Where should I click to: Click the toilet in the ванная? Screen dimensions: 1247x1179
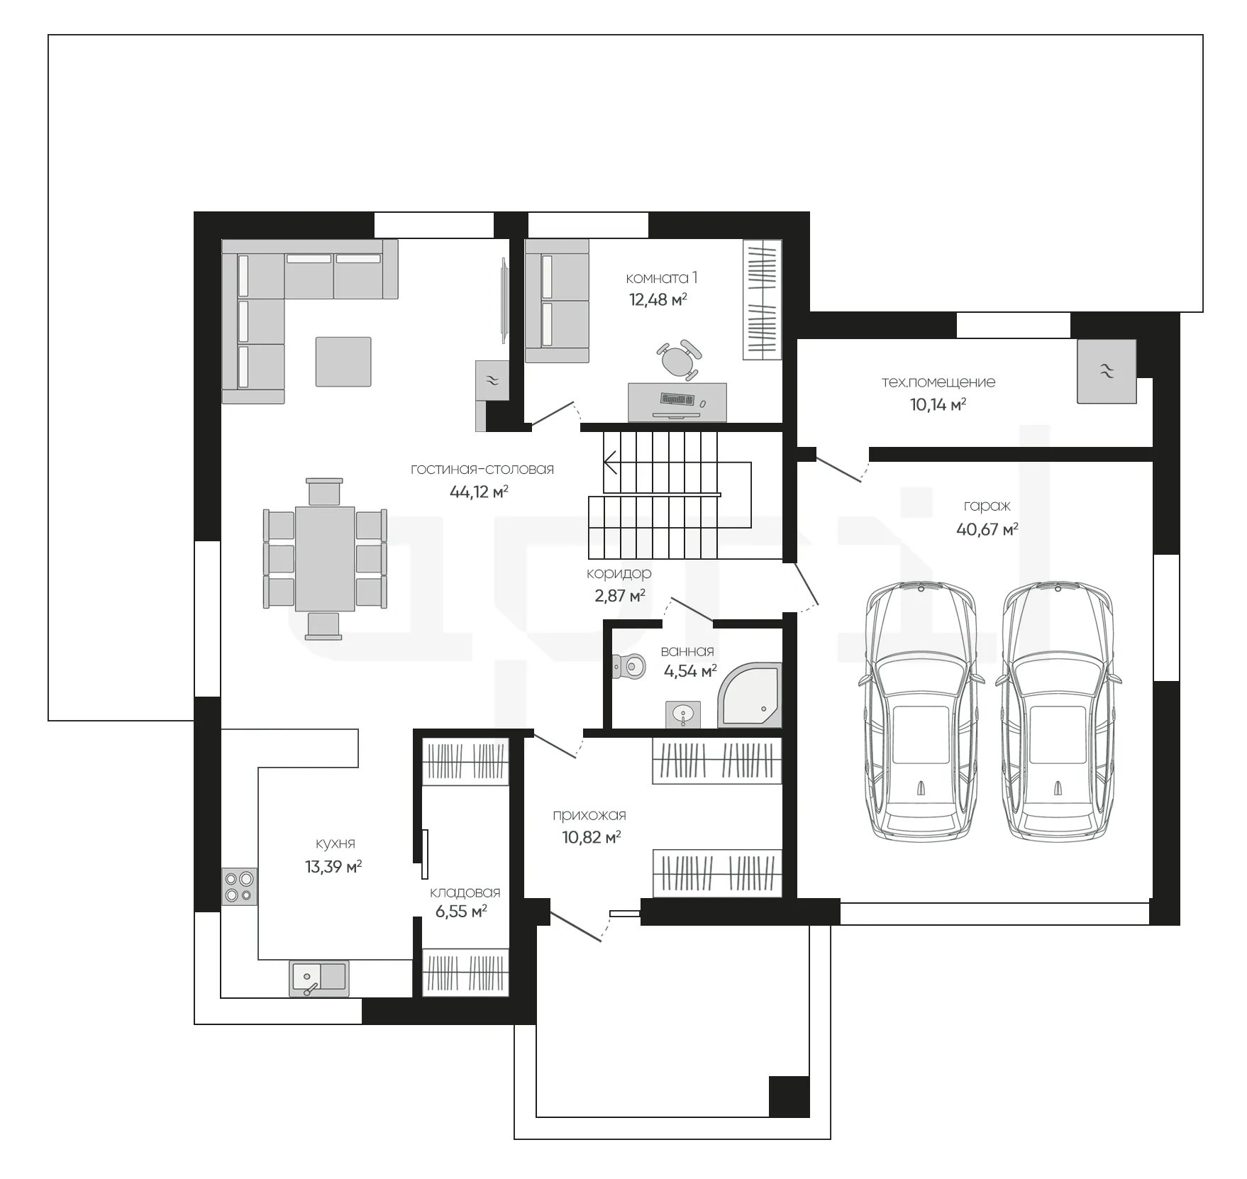point(628,665)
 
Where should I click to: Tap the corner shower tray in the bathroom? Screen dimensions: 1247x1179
point(750,695)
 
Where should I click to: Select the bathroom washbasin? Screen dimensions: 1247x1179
point(683,714)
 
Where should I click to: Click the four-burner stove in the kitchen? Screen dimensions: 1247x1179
point(240,886)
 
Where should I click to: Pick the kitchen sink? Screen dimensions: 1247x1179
point(319,978)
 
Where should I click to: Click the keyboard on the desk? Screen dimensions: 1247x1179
point(677,399)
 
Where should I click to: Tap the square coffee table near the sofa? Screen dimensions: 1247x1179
point(343,362)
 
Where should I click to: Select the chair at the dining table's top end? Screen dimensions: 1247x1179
point(324,492)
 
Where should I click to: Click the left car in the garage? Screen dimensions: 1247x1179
point(921,712)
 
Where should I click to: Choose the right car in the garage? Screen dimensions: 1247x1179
point(1058,712)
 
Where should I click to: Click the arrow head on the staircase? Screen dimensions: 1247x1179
point(609,465)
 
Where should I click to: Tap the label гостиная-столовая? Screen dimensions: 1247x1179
point(482,469)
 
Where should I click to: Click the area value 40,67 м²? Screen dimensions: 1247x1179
point(987,529)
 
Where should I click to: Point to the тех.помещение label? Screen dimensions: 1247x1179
point(938,382)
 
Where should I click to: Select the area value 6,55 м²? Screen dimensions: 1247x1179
point(461,912)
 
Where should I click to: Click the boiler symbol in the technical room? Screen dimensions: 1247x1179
point(1107,372)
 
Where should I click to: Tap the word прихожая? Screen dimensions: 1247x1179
point(589,815)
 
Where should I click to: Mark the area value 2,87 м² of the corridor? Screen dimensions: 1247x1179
point(620,596)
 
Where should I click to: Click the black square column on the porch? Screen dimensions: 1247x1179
point(789,1096)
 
